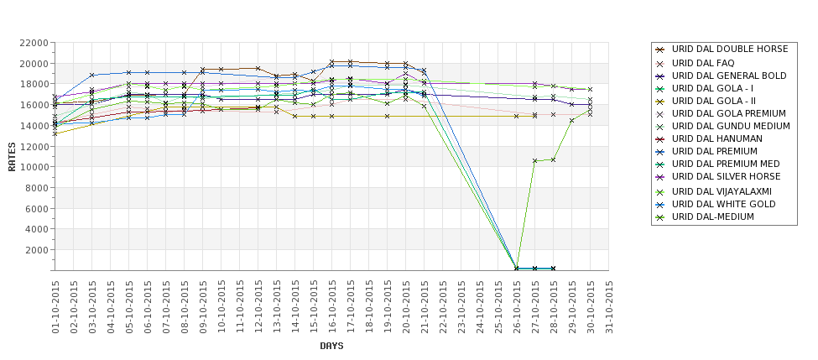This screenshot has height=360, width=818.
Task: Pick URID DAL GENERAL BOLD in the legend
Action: (729, 76)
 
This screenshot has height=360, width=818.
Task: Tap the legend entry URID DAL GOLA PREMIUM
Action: (729, 113)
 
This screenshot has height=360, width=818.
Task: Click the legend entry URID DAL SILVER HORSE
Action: (727, 177)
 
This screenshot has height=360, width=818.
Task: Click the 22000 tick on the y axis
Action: (32, 43)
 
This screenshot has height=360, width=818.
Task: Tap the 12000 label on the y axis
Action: (32, 146)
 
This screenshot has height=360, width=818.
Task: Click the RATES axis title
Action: (12, 156)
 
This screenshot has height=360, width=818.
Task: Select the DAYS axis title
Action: (331, 346)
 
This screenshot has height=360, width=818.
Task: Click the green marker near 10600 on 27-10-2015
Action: (534, 160)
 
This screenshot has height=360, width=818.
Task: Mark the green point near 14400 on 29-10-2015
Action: (571, 121)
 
